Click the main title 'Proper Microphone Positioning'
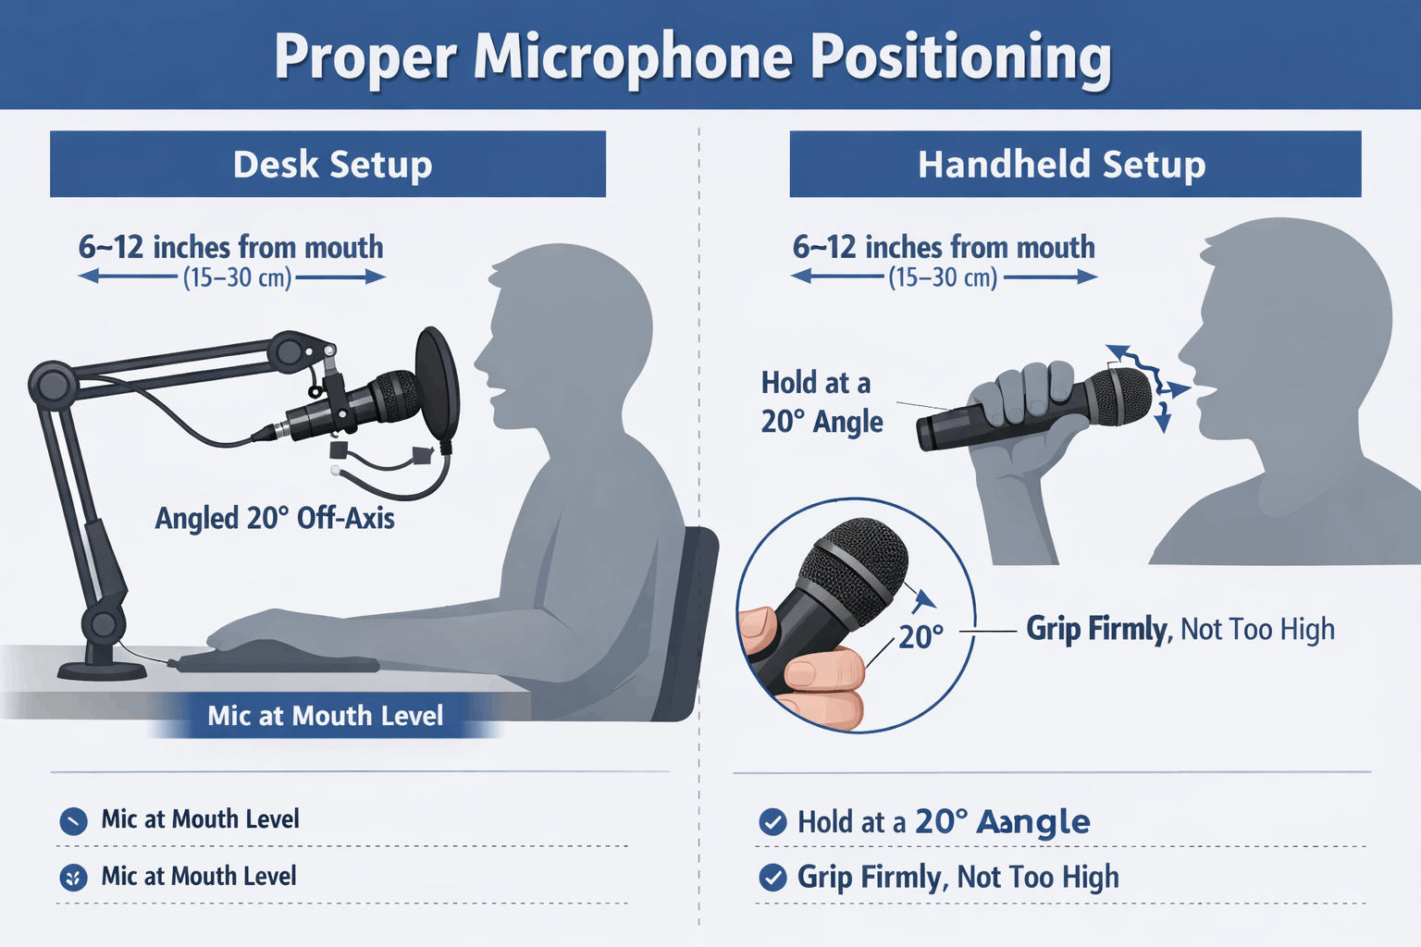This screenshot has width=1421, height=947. point(693,57)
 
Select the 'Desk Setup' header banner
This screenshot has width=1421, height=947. point(328,164)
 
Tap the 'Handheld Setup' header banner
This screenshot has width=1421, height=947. point(1075,164)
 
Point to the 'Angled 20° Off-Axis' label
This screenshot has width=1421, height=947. point(275,518)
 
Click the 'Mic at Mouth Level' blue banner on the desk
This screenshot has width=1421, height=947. point(326,716)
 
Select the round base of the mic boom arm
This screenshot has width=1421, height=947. point(102,670)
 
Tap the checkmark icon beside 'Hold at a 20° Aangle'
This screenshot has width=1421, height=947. point(772,822)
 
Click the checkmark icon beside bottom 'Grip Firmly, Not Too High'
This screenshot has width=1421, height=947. point(772,878)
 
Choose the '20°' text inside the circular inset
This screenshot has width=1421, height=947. point(921,637)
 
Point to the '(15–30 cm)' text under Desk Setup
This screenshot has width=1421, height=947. point(237,277)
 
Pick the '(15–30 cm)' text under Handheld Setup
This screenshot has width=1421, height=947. point(944,277)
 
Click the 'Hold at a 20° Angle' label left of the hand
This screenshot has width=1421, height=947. point(822,402)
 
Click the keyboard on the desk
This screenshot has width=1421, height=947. point(278,661)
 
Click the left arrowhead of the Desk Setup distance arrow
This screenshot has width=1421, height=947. point(88,276)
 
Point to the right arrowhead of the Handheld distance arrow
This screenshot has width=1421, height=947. point(1087,277)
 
